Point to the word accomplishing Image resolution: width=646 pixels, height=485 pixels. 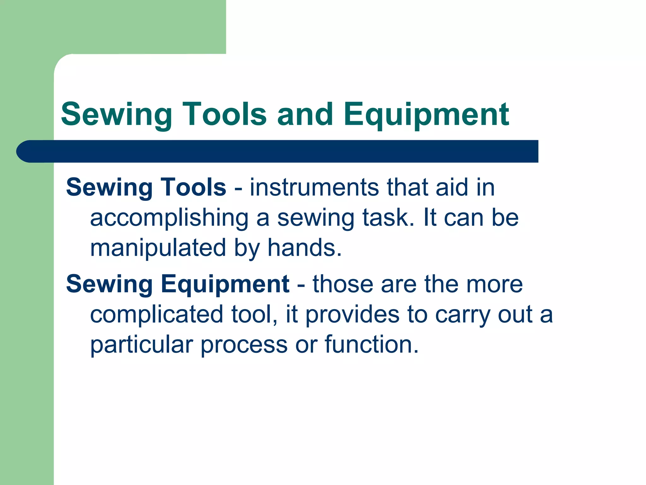pos(169,219)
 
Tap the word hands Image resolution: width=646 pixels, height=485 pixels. pos(304,248)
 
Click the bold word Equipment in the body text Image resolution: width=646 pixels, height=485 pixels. pos(225,284)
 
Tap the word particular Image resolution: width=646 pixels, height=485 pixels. pos(141,345)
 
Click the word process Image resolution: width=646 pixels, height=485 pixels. pos(244,345)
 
